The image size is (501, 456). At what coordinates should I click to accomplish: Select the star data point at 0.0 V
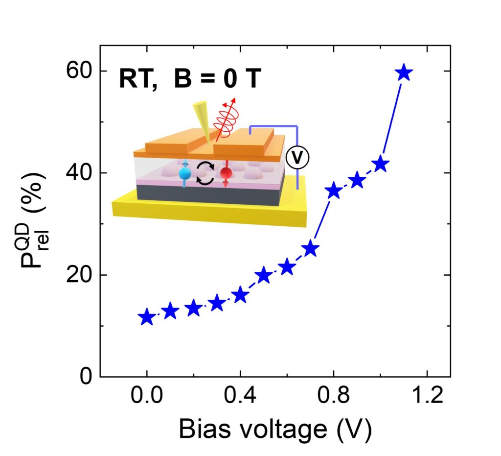[147, 317]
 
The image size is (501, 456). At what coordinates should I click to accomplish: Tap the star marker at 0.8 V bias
[334, 191]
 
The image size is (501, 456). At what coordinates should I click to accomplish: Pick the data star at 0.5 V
[264, 275]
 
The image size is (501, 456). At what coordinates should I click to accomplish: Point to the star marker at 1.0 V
[380, 165]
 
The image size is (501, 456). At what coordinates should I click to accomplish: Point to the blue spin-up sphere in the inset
[184, 174]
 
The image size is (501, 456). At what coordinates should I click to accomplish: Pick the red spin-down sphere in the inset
[226, 173]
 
